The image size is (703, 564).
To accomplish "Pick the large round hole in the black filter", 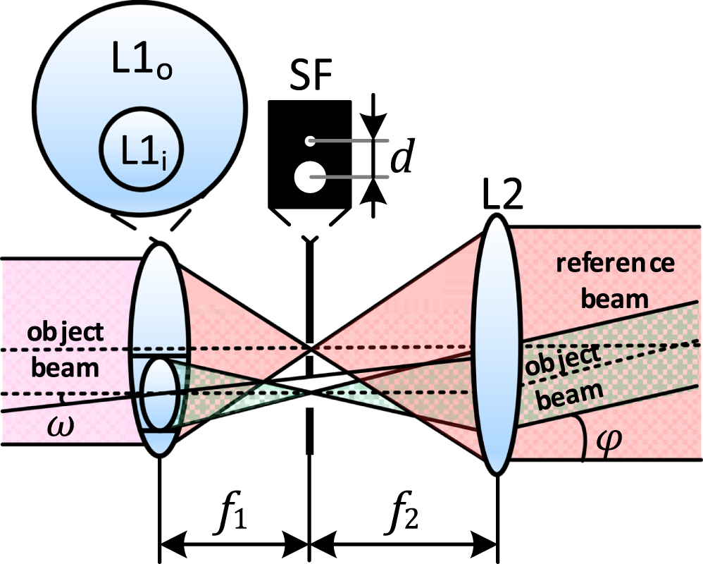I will [x=309, y=177].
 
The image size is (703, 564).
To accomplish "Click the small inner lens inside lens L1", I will [x=158, y=395].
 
